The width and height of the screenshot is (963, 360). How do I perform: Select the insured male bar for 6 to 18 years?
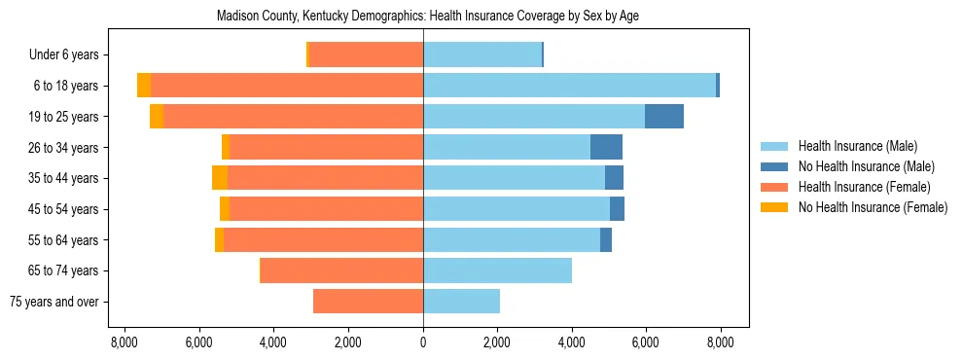[569, 86]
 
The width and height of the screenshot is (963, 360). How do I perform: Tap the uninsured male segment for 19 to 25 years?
[664, 117]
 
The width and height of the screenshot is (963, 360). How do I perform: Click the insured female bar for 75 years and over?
[368, 302]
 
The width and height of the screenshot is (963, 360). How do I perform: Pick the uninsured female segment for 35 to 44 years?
[220, 178]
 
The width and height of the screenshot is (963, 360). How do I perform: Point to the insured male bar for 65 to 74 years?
[497, 270]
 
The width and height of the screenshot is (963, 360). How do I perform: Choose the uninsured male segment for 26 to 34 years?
[606, 147]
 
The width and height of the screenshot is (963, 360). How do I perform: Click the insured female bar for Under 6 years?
[366, 54]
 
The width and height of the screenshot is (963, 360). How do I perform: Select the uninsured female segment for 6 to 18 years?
[144, 86]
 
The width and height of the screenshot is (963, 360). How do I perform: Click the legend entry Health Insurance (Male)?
[858, 146]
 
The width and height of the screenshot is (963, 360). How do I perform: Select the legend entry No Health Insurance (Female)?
[873, 207]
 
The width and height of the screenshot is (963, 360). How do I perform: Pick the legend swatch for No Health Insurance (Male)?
[774, 166]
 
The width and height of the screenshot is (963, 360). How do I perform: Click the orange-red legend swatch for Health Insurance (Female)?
[774, 187]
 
